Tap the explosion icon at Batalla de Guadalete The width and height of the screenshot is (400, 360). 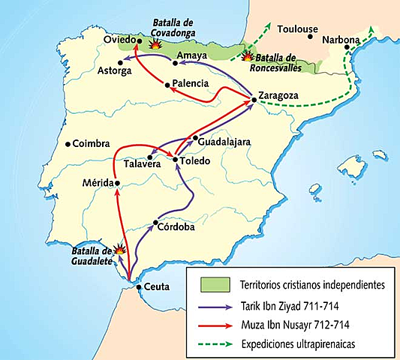(x=118, y=250)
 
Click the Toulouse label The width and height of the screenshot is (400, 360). (x=298, y=29)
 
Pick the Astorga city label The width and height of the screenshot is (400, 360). (x=114, y=71)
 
